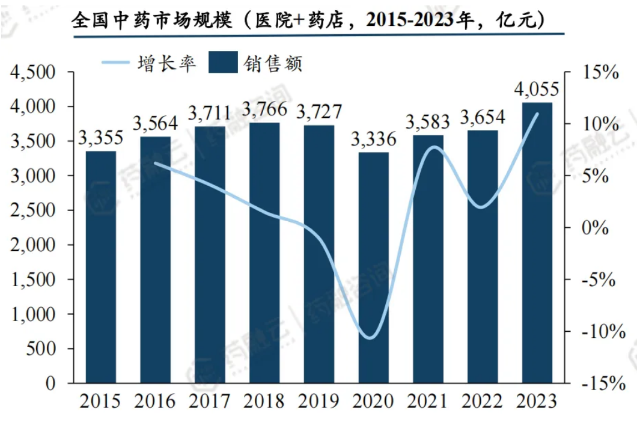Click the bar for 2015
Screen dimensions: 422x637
point(100,267)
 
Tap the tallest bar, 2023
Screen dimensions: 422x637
point(537,243)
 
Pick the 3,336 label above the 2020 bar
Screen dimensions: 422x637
point(373,140)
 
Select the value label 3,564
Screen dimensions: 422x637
point(155,124)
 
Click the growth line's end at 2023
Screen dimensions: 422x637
point(537,113)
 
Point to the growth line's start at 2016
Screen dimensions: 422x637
point(155,163)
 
